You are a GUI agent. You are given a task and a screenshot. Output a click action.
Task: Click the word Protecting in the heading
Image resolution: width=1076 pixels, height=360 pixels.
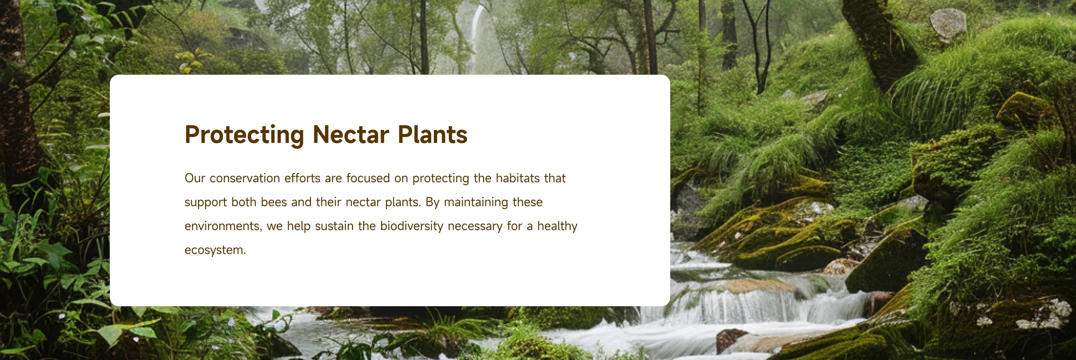[x=244, y=135]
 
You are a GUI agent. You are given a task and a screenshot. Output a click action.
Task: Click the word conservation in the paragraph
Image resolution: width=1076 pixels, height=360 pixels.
[x=245, y=179]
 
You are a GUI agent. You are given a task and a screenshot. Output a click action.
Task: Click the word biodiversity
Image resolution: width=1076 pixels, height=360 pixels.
[x=411, y=226]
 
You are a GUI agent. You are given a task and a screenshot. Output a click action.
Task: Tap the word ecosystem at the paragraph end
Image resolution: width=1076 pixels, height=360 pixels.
[x=215, y=250]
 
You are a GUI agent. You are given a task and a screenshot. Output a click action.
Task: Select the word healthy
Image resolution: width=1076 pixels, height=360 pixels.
[x=557, y=226]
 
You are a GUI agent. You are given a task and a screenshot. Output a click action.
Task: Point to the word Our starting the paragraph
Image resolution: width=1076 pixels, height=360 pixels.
[x=195, y=179]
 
